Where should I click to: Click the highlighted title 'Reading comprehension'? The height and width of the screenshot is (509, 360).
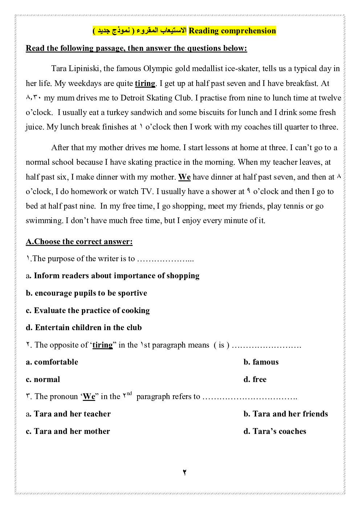232,31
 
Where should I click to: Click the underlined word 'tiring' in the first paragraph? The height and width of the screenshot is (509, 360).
145,83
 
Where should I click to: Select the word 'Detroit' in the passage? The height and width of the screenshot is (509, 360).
132,98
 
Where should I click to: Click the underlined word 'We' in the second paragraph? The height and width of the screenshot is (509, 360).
184,177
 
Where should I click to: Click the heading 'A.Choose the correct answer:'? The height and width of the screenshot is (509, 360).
79,242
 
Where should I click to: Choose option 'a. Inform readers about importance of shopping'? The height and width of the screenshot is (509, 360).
112,276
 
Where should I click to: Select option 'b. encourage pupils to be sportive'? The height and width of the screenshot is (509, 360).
86,293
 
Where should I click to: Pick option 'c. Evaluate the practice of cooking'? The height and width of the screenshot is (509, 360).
88,311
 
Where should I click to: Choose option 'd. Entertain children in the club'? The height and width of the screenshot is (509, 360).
84,328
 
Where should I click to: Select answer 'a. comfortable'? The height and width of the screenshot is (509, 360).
52,362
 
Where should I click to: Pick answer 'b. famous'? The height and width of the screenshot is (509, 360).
261,362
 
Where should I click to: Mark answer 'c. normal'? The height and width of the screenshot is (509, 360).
43,379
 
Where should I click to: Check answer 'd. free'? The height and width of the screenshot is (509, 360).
255,379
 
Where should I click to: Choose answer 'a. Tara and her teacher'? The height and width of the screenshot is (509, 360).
68,414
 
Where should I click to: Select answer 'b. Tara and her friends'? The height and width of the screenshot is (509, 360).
286,414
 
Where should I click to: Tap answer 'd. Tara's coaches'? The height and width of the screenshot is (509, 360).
275,431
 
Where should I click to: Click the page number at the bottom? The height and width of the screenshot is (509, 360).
184,472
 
